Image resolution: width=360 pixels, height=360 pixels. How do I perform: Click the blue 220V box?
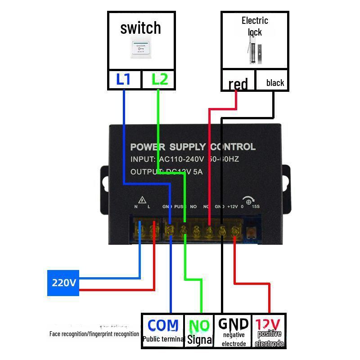(x=63, y=283)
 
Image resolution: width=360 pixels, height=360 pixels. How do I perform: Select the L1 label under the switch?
(x=123, y=80)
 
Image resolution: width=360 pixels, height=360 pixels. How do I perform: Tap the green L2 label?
(x=159, y=80)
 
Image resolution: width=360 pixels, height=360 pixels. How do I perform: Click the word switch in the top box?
(x=140, y=28)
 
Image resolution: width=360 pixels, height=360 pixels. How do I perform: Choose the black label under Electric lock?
(x=275, y=83)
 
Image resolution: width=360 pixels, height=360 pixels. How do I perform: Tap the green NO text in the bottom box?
(x=199, y=325)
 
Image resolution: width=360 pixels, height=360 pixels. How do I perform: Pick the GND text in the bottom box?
(x=233, y=324)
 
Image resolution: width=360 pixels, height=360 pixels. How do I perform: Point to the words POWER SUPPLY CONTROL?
(x=193, y=147)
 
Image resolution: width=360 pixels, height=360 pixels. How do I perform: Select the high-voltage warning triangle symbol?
(x=143, y=199)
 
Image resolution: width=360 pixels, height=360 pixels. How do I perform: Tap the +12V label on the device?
(x=232, y=207)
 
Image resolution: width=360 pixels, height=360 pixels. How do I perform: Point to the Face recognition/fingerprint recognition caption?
(x=94, y=334)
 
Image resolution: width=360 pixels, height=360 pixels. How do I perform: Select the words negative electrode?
(x=234, y=339)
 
